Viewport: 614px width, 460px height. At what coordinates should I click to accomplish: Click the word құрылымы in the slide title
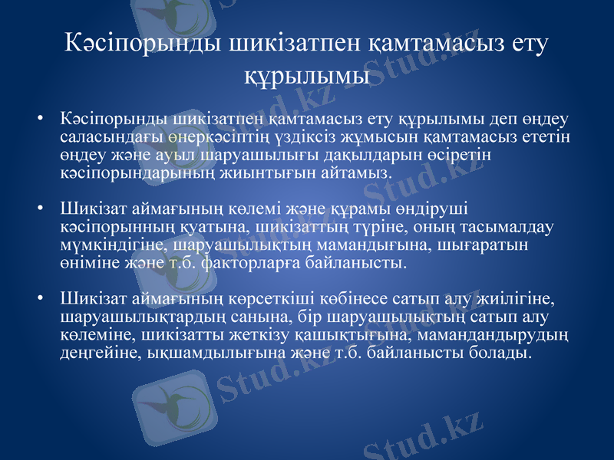point(307,77)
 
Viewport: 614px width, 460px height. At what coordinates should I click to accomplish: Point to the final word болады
point(502,352)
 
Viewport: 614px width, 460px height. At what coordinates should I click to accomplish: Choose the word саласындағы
point(104,136)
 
